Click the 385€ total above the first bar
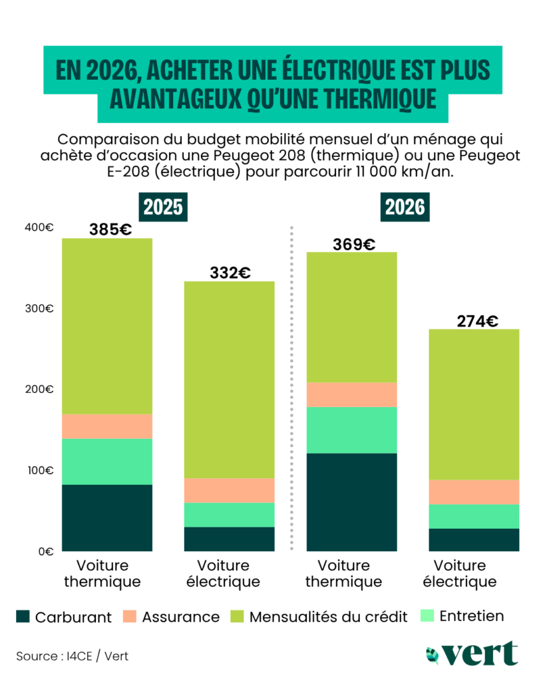110,230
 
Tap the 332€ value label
229,273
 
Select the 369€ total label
353,244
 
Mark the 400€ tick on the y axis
39,227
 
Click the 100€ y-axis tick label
39,470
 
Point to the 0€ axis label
44,551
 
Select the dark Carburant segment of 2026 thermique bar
351,502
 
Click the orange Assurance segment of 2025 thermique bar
107,426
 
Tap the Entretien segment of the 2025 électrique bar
229,515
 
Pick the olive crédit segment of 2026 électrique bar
474,404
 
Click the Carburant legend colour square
23,616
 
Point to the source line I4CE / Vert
73,656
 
